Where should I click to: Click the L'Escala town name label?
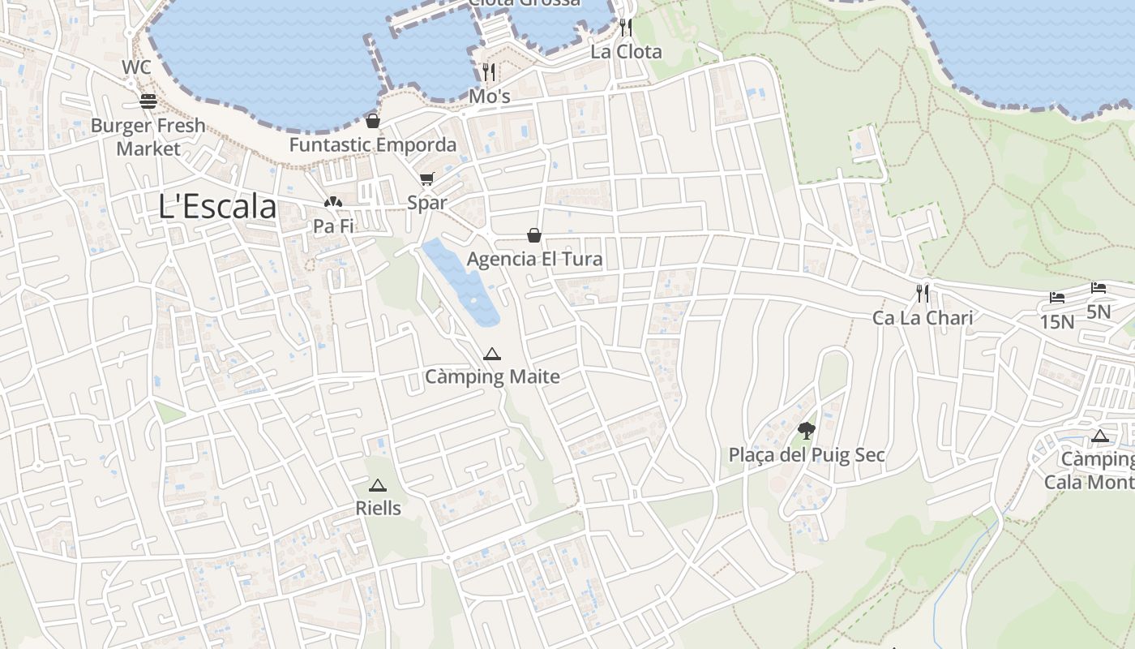click(217, 207)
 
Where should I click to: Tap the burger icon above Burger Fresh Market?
click(148, 101)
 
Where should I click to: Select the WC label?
click(136, 67)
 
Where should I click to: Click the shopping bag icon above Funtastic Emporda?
click(372, 121)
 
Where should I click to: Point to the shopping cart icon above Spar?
click(426, 178)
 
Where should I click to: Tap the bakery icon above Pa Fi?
click(333, 202)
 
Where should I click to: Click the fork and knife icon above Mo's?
click(488, 72)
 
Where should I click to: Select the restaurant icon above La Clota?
click(625, 28)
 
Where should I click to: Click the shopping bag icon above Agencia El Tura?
click(534, 235)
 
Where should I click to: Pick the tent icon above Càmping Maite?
click(491, 354)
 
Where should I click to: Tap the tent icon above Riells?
click(377, 485)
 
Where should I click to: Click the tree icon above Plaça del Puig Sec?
click(806, 430)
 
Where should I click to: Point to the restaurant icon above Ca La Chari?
click(922, 293)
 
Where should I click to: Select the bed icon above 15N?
click(1056, 298)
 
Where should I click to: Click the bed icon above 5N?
click(1098, 287)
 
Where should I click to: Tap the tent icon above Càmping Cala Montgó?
click(1099, 436)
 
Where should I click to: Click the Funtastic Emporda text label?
click(373, 145)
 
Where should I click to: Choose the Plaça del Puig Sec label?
click(807, 455)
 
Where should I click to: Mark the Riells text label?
click(378, 509)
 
